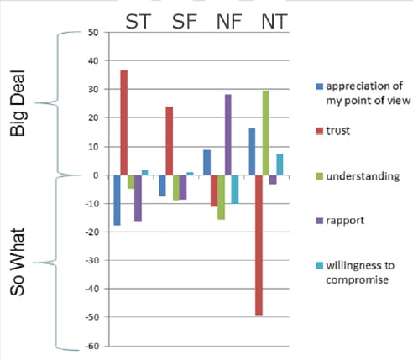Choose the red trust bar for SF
[x=169, y=141]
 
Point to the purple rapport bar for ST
[x=138, y=198]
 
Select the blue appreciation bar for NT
[x=252, y=152]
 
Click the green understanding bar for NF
[x=221, y=197]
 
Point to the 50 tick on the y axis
[x=93, y=33]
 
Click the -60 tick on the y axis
[x=91, y=346]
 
